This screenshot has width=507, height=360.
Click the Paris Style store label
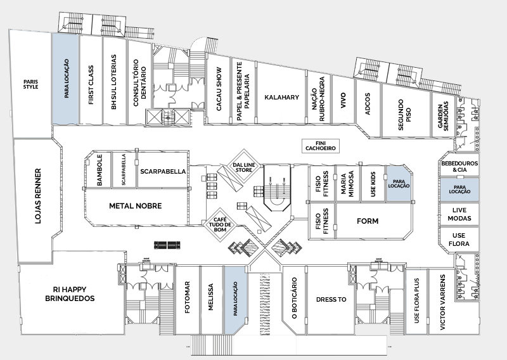pyautogui.click(x=30, y=84)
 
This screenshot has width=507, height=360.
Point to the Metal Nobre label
pyautogui.click(x=136, y=206)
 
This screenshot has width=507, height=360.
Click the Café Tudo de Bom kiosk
pyautogui.click(x=219, y=224)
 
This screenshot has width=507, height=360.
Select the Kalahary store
pyautogui.click(x=278, y=97)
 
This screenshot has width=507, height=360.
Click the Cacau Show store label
pyautogui.click(x=219, y=89)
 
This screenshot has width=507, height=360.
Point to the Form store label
pyautogui.click(x=368, y=222)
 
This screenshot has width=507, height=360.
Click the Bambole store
pyautogui.click(x=99, y=170)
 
